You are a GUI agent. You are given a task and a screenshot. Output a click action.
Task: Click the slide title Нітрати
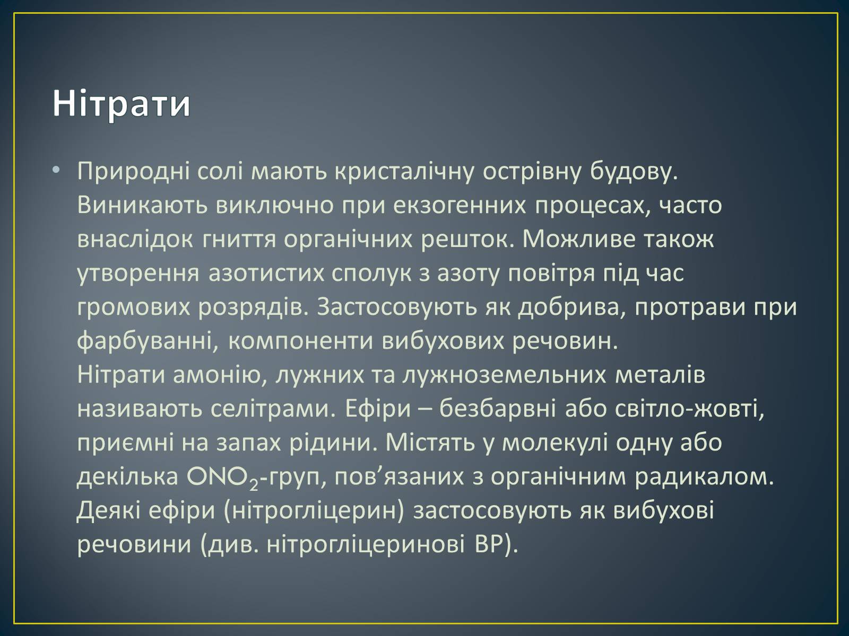(122, 103)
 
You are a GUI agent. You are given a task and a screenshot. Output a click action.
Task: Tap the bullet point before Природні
(56, 170)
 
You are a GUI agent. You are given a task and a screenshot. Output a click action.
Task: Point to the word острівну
(532, 171)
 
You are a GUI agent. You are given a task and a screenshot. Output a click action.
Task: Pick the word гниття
(239, 240)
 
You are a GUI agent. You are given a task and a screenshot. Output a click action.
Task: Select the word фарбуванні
(148, 341)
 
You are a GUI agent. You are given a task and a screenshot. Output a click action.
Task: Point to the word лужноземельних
(504, 375)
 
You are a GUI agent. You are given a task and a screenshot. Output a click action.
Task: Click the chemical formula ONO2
(222, 478)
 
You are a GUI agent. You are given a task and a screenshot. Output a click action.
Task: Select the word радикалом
(704, 478)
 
